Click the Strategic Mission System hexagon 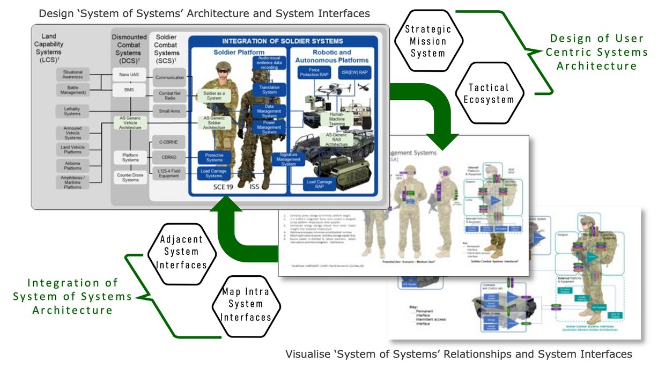click(x=427, y=41)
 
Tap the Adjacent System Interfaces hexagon click(x=181, y=252)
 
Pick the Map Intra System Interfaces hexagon click(x=246, y=304)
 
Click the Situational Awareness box click(x=72, y=75)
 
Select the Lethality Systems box click(x=72, y=111)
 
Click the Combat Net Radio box click(x=169, y=96)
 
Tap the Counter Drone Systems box click(x=129, y=178)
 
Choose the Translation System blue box click(x=269, y=90)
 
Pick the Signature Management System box click(x=288, y=159)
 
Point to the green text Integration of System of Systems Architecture click(x=72, y=296)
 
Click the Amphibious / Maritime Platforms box click(x=72, y=182)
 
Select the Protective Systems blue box click(x=214, y=157)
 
